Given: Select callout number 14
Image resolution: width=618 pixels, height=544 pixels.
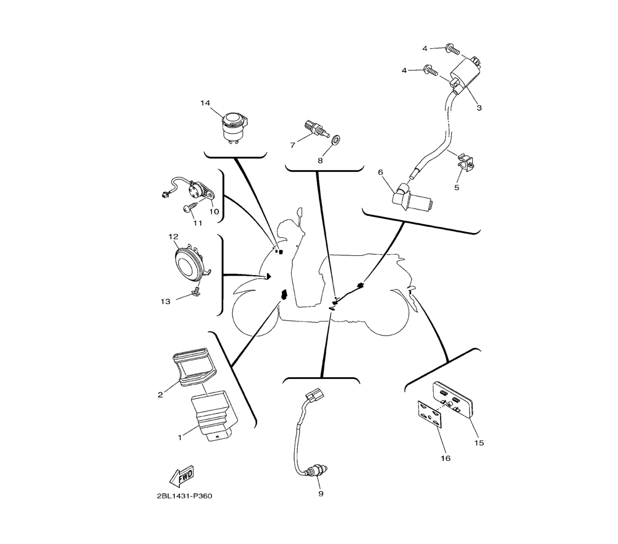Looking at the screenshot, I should [x=205, y=103].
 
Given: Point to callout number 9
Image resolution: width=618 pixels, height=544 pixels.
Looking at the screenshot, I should [x=321, y=493].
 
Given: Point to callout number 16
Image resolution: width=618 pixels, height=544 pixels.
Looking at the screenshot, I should [x=446, y=458].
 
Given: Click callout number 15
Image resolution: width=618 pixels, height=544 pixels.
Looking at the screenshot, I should [x=479, y=443].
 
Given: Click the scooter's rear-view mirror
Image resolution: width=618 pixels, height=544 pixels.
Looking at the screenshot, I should [x=299, y=216].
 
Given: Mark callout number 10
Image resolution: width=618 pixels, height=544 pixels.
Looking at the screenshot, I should [x=214, y=211].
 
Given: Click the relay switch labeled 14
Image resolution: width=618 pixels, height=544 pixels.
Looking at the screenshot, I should [x=234, y=125].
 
